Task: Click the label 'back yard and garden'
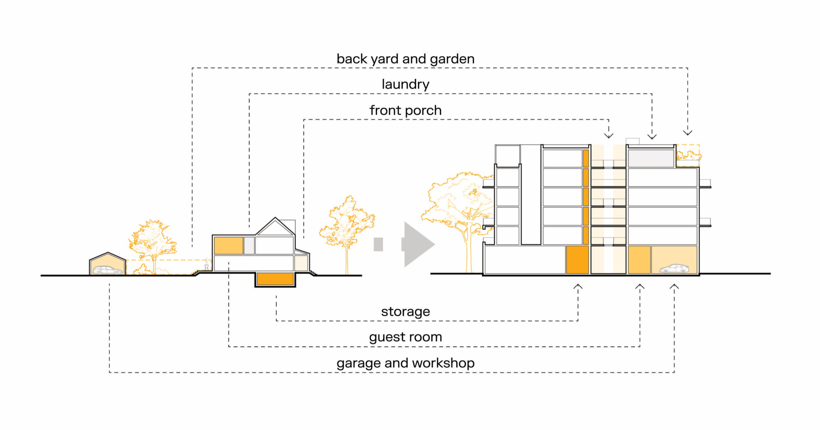point(405,59)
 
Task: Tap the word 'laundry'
point(405,85)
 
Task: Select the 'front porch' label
point(405,110)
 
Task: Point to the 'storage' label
point(405,312)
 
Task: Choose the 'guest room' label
point(405,337)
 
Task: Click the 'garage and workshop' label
point(405,363)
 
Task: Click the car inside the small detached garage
point(108,270)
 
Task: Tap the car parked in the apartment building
point(674,269)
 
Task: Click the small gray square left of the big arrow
point(378,244)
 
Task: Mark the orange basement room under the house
point(275,279)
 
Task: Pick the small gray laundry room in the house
point(249,245)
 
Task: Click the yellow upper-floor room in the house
point(229,245)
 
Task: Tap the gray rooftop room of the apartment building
point(651,158)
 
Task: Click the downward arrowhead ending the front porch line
point(609,136)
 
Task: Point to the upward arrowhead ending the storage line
point(578,287)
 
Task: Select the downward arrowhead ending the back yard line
point(688,132)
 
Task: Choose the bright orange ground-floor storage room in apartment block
point(577,259)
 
